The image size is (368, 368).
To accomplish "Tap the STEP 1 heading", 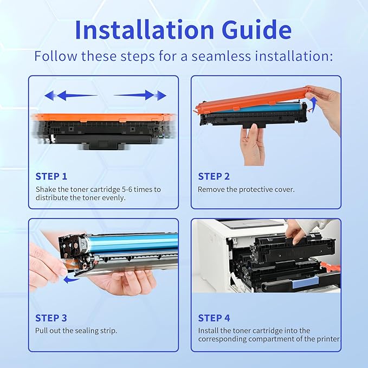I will [x=51, y=176].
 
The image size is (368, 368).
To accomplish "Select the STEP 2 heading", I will [x=214, y=176].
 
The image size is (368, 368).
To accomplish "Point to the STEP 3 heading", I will [x=51, y=318].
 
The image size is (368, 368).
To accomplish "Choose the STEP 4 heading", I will [x=214, y=318].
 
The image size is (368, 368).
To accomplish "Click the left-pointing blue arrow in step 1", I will [x=70, y=96].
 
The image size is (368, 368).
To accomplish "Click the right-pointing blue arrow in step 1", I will [x=141, y=95].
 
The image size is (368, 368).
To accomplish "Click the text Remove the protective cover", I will [x=247, y=190].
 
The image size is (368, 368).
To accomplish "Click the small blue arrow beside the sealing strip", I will [x=69, y=280].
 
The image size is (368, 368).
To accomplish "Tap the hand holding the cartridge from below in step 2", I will [x=252, y=144].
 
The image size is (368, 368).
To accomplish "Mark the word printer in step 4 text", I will [x=327, y=339].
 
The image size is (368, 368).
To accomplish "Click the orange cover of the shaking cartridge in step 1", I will [x=103, y=117].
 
